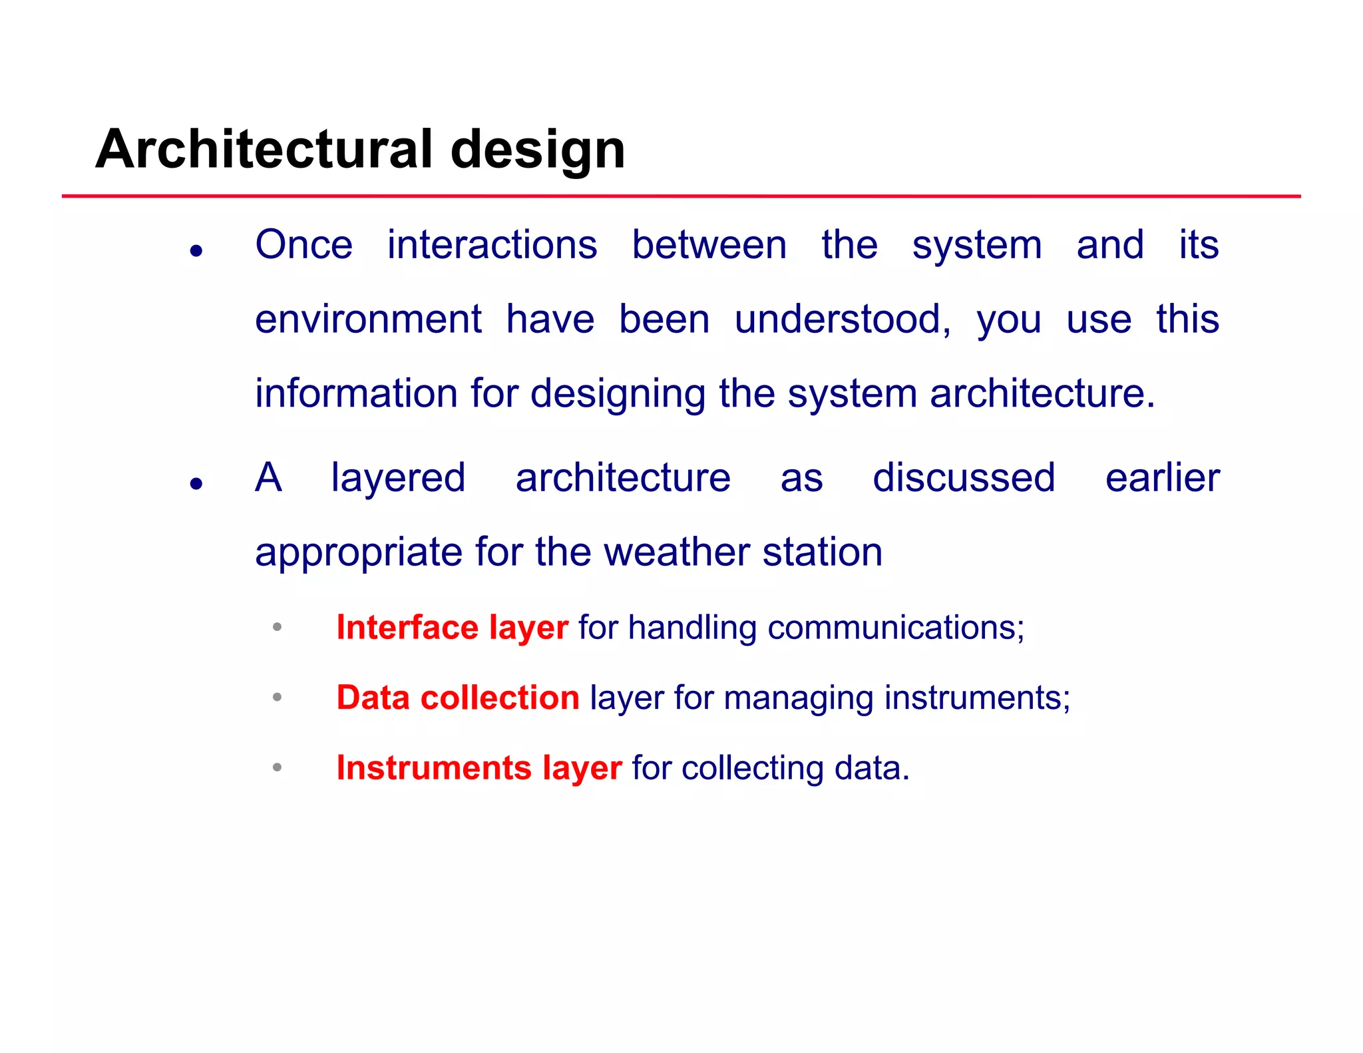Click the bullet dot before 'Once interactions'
click(x=196, y=251)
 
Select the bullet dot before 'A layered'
click(x=196, y=483)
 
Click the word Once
click(x=303, y=245)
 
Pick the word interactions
click(x=492, y=245)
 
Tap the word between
click(x=709, y=245)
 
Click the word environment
click(x=368, y=319)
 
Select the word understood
click(x=843, y=319)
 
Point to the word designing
click(x=618, y=395)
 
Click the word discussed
click(x=964, y=478)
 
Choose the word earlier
click(x=1162, y=478)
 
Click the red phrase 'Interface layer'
click(x=452, y=628)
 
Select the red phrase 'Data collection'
click(x=457, y=698)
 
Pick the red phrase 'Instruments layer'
click(x=479, y=768)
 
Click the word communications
click(x=895, y=628)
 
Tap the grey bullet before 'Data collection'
click(x=278, y=697)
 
